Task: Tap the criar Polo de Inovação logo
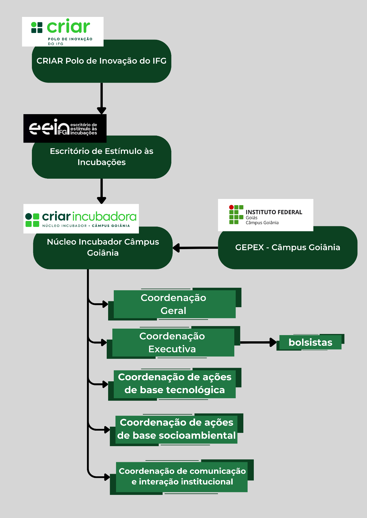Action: point(63,32)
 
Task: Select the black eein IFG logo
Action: point(65,129)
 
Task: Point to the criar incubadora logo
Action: point(81,219)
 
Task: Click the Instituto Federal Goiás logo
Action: point(265,215)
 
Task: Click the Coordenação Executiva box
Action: point(173,342)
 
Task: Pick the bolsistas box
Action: point(310,342)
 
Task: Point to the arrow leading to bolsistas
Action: point(258,342)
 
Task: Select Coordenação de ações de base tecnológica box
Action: point(174,384)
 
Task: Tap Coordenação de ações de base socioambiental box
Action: point(176,429)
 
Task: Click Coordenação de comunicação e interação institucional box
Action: point(182,477)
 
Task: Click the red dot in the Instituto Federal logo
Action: point(231,207)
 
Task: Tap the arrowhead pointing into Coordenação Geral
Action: point(105,304)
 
